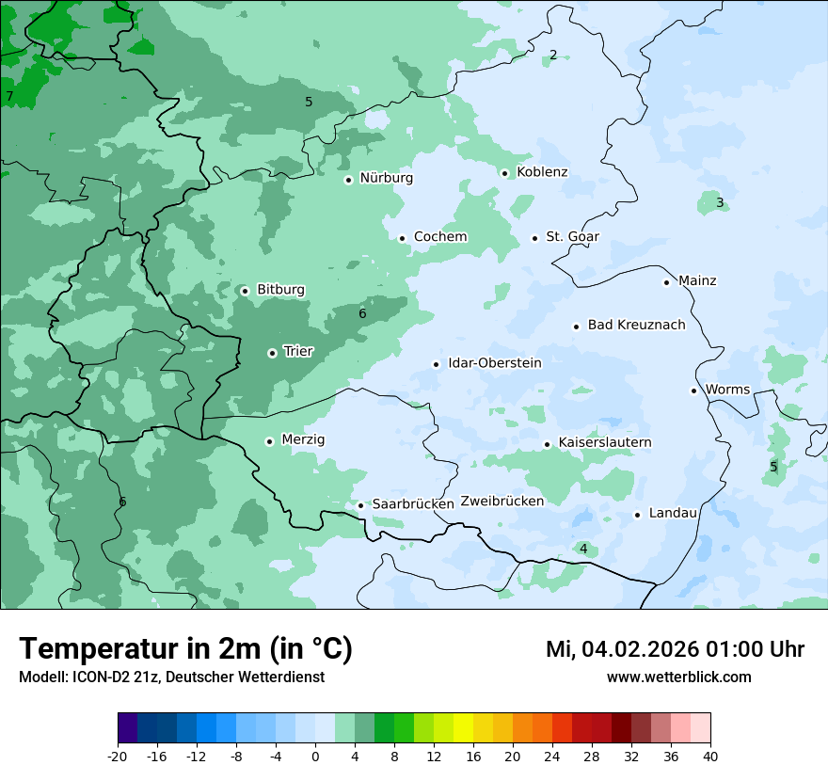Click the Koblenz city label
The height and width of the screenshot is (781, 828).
coord(542,172)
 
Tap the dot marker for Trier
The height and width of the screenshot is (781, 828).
coord(272,353)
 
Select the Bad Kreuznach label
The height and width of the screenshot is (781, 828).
coord(636,325)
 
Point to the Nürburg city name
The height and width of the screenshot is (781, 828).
coord(386,178)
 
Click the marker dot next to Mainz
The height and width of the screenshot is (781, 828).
coord(666,282)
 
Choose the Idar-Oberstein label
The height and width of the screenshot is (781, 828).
coord(494,362)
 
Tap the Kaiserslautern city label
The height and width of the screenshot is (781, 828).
coord(604,442)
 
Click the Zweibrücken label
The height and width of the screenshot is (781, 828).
coord(502,501)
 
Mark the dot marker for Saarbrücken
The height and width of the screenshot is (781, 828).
coord(360,505)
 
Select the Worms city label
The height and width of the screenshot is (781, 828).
coord(727,390)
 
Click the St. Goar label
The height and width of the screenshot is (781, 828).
coord(572,236)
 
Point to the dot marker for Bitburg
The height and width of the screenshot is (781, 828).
coord(245,291)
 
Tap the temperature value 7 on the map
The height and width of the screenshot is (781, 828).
coord(9,96)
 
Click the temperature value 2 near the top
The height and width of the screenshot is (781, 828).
coord(553,55)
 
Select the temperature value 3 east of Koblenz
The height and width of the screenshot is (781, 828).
coord(720,202)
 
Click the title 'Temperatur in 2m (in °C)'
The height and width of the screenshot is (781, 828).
coord(185,649)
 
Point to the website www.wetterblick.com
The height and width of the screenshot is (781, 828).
coord(678,677)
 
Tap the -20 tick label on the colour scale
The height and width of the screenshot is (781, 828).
coord(118,757)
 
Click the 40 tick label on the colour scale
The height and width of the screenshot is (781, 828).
coord(710,757)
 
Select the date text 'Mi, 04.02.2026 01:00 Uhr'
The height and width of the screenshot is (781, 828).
coord(675,649)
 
